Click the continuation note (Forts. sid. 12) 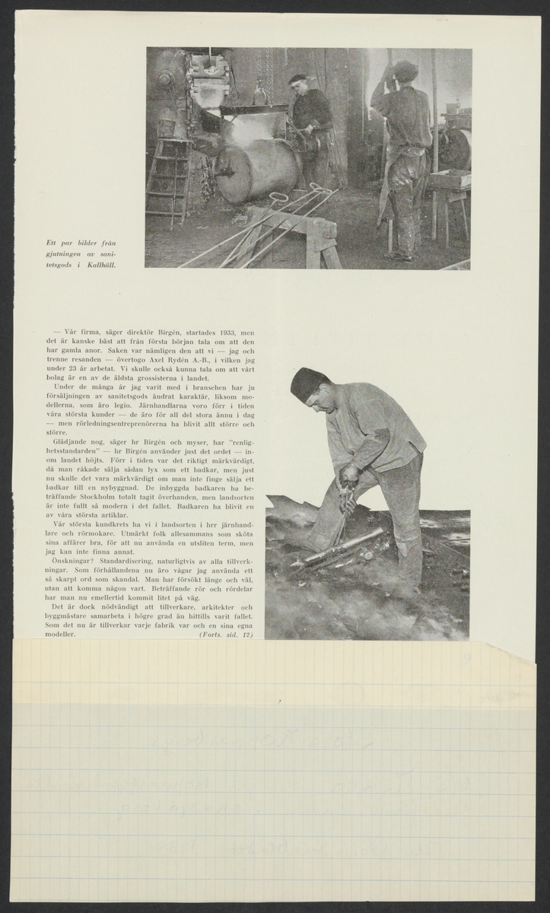pos(225,633)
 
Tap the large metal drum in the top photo pos(256,170)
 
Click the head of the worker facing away pos(405,72)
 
